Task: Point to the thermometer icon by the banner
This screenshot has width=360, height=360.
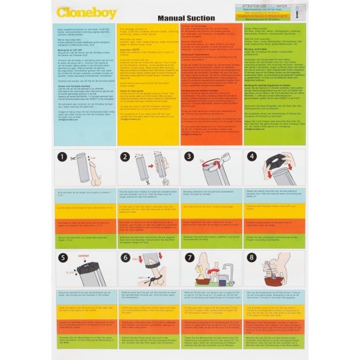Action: point(297,10)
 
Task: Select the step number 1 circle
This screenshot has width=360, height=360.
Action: point(63,157)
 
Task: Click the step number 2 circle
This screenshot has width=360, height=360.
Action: point(123,157)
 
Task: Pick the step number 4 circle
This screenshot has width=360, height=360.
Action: point(251,157)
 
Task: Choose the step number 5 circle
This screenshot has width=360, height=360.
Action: point(63,257)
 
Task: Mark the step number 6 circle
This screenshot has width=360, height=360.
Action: point(124,257)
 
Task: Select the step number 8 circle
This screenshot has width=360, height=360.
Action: point(251,257)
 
